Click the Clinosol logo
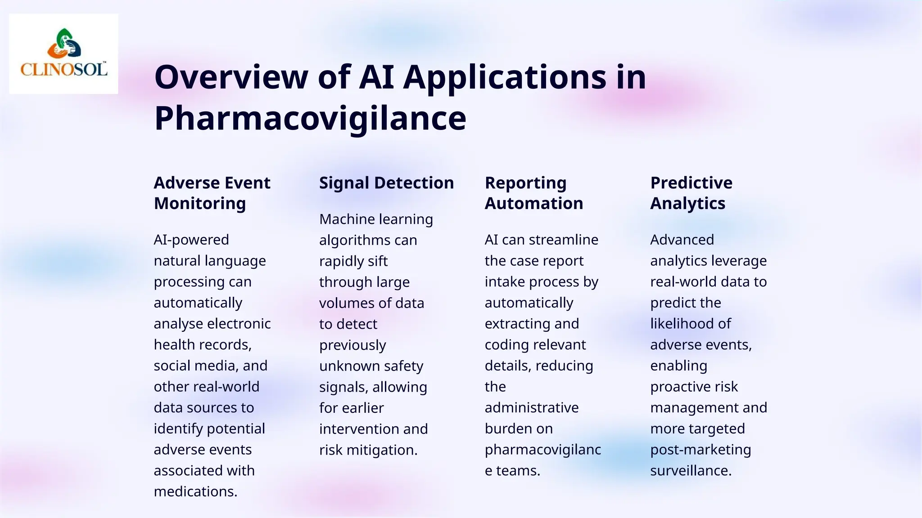tap(63, 54)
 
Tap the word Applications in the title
tap(504, 77)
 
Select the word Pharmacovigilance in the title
tap(310, 118)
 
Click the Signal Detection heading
tap(386, 183)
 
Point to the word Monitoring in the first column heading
tap(200, 204)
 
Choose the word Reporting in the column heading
tap(525, 183)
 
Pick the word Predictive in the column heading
tap(691, 183)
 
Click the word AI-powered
tap(191, 240)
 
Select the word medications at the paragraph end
tap(195, 491)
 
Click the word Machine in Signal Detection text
tap(347, 219)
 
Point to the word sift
tap(377, 261)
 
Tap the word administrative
tap(532, 408)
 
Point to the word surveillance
tap(691, 471)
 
